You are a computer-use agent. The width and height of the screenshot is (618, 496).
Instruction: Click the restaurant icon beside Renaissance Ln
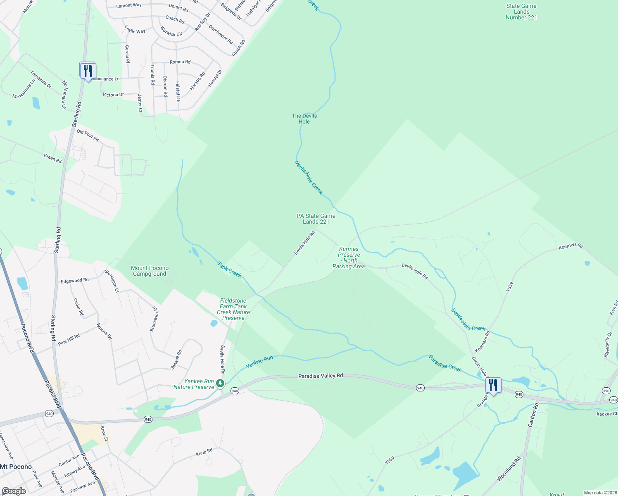point(88,71)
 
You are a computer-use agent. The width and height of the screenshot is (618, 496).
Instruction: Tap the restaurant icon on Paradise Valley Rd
point(493,385)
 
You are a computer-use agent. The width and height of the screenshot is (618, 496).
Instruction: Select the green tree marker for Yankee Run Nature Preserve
point(221,384)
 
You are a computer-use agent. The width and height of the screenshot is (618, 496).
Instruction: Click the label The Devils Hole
point(304,119)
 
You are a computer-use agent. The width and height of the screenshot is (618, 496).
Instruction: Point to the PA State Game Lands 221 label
point(316,219)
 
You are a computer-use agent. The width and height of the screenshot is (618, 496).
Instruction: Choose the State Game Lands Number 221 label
point(521,12)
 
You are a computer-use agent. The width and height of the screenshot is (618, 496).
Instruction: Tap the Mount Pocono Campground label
point(150,271)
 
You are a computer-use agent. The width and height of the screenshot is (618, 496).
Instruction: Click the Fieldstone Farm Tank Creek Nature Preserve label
point(233,309)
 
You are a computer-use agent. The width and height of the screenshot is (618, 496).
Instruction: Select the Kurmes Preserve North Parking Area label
point(349,258)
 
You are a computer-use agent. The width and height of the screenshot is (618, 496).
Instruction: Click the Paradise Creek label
point(445,363)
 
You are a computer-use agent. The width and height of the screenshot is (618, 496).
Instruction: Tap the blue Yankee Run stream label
point(259,362)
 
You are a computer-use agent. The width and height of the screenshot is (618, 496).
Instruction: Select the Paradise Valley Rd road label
point(321,376)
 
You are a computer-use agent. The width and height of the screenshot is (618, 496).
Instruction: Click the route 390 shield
point(606,391)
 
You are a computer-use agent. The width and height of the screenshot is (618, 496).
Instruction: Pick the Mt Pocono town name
point(16,467)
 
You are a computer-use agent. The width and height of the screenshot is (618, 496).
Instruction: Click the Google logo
point(14,491)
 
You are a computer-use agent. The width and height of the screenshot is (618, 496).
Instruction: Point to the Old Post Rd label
point(88,135)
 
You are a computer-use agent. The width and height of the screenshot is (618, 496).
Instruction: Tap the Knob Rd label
point(204,453)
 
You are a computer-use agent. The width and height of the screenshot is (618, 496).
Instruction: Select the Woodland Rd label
point(509,469)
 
